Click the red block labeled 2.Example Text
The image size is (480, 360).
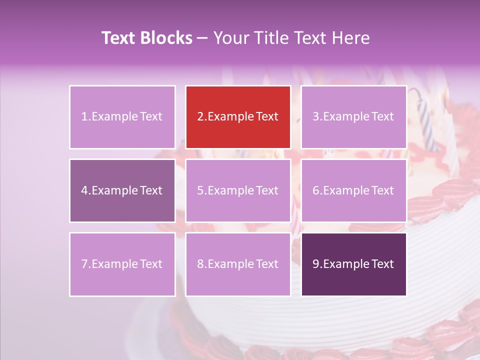[x=238, y=117]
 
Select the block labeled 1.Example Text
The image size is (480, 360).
[x=122, y=117]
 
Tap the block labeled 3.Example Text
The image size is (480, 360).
[x=353, y=117]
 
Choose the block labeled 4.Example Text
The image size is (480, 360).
[x=122, y=190]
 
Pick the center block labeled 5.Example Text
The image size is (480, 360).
[x=238, y=190]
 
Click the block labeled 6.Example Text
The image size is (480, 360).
[x=353, y=190]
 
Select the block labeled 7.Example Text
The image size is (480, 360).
[x=122, y=264]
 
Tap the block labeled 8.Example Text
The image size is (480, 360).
[x=238, y=264]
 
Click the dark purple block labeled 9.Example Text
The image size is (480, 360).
[x=353, y=264]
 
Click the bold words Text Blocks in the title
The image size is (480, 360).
[x=146, y=38]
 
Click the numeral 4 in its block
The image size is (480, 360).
[x=84, y=190]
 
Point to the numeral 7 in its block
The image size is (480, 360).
[x=84, y=264]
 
